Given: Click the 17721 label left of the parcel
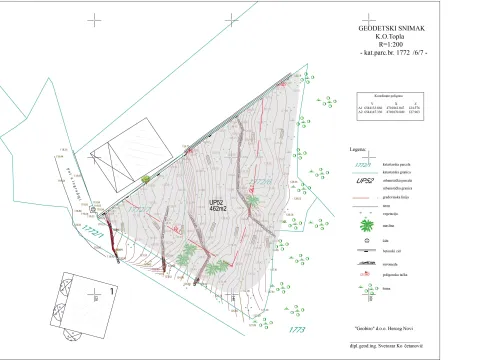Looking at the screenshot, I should pos(95,233).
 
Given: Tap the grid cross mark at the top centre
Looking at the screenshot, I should pos(233,19).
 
